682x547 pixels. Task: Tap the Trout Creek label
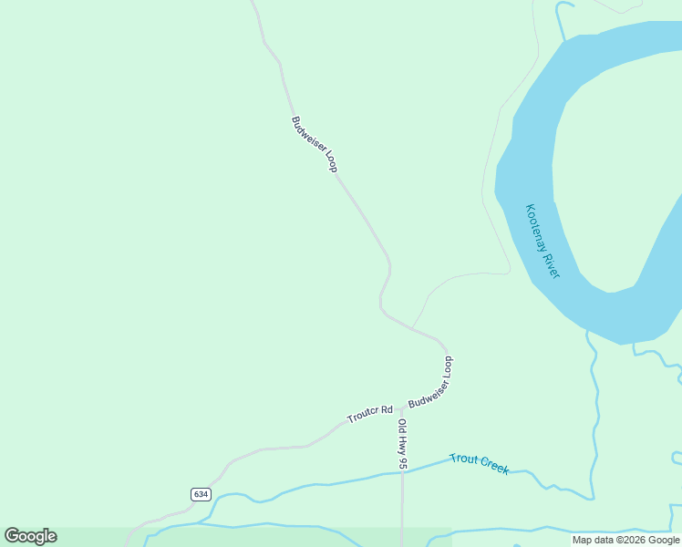(479, 463)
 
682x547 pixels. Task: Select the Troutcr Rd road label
(369, 415)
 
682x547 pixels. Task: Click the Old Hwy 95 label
(402, 444)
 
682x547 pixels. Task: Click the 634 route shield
(201, 494)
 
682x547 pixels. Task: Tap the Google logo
(31, 536)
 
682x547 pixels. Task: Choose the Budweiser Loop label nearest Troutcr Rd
(430, 382)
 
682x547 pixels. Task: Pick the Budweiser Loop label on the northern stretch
(315, 144)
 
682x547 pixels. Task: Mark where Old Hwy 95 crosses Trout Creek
(402, 471)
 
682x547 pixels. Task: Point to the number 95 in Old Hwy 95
(402, 462)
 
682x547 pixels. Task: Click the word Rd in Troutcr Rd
(386, 410)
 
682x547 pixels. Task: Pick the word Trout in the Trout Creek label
(463, 459)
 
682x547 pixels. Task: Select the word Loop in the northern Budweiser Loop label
(329, 161)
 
